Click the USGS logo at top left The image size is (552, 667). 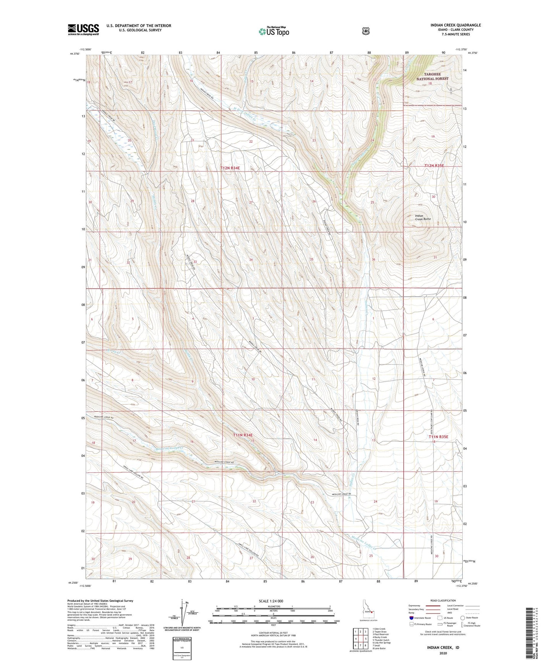[x=83, y=29]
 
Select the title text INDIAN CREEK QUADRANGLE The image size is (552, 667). [x=456, y=25]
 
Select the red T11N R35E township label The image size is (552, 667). [x=438, y=437]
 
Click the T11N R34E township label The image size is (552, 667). [x=243, y=435]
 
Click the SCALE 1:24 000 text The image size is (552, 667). [x=271, y=601]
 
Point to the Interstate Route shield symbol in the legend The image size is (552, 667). [x=411, y=618]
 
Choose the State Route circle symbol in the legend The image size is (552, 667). [x=463, y=618]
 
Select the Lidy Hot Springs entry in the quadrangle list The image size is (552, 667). [x=382, y=643]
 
